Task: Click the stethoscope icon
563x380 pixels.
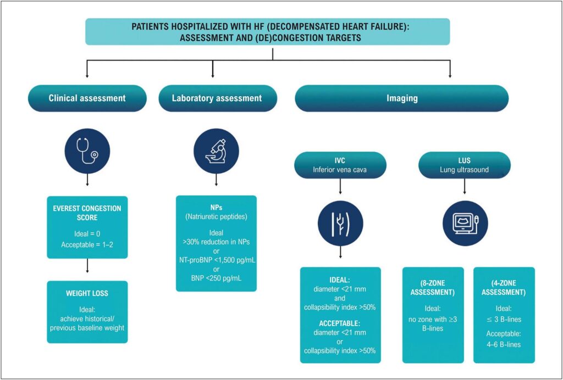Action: click(x=87, y=151)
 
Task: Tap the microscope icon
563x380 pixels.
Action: click(x=216, y=151)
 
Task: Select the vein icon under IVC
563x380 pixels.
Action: click(x=340, y=223)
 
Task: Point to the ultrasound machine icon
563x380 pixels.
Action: click(x=465, y=223)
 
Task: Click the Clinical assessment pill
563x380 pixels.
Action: click(x=87, y=98)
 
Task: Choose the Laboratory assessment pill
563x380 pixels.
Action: click(x=218, y=98)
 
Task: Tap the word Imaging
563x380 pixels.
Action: click(x=402, y=98)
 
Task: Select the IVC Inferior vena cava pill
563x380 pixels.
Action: click(x=340, y=165)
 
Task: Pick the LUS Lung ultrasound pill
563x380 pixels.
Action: click(x=465, y=165)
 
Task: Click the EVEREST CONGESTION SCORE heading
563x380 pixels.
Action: click(x=87, y=213)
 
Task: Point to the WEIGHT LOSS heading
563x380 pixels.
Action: click(x=87, y=293)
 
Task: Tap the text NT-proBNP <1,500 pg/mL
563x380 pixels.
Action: click(x=217, y=260)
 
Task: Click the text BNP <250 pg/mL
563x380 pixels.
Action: click(x=216, y=278)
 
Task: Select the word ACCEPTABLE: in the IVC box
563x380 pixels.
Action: click(x=340, y=323)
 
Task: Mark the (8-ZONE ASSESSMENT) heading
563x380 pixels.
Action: click(x=433, y=288)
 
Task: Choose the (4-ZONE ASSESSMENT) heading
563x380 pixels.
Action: click(x=504, y=288)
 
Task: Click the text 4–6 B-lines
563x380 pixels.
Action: click(x=504, y=344)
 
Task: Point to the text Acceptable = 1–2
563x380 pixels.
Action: click(x=87, y=245)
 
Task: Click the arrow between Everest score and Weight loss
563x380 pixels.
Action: click(x=87, y=266)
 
